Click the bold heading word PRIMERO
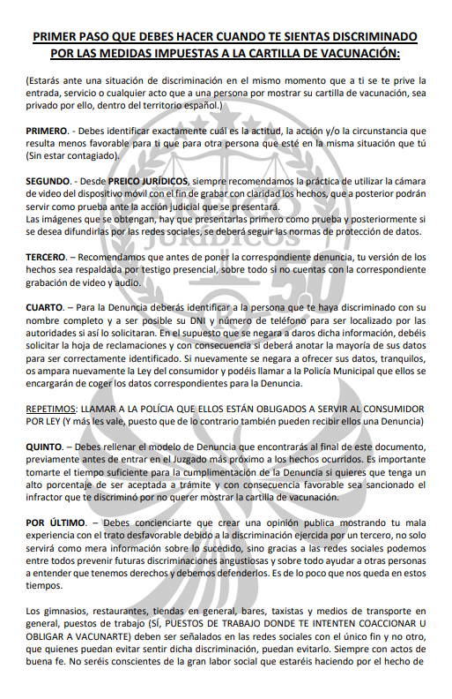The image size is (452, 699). coord(46,131)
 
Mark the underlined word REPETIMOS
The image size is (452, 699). coord(51,410)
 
